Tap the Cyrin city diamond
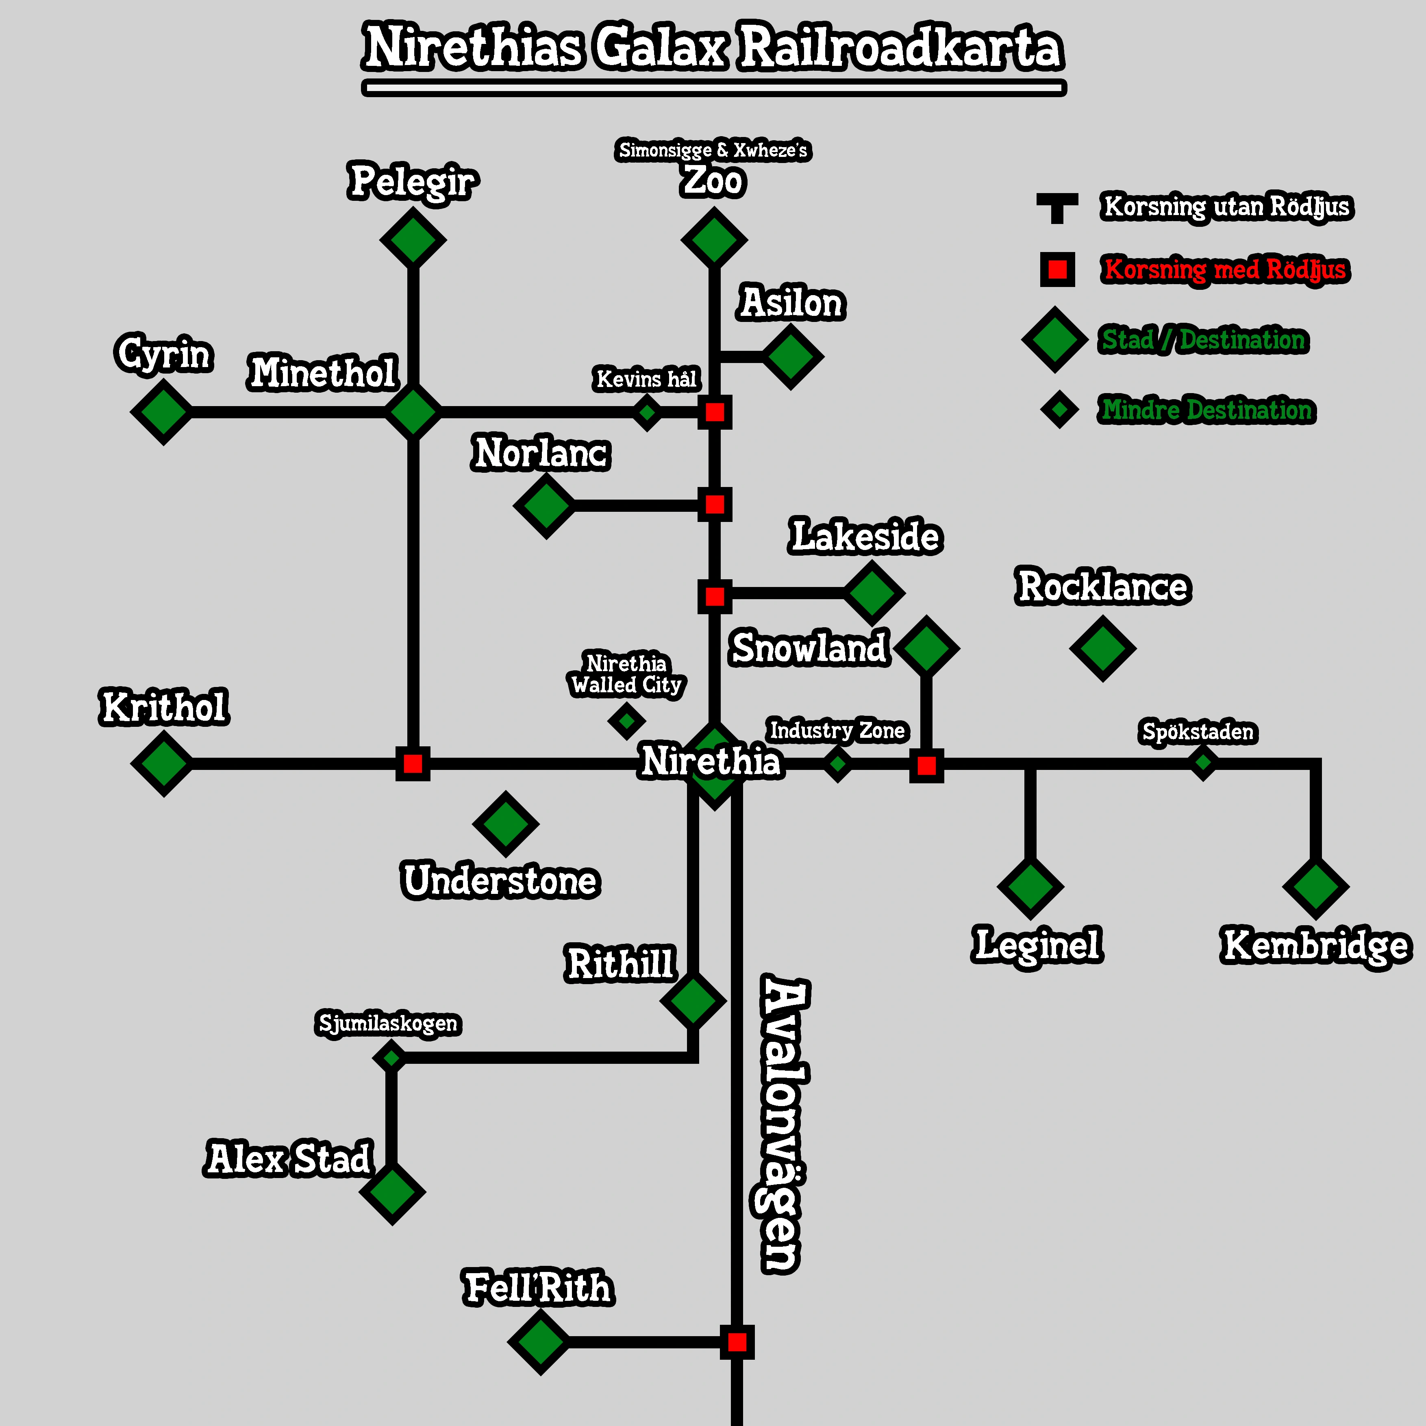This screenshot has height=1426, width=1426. click(162, 412)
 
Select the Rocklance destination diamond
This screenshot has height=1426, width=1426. click(1102, 648)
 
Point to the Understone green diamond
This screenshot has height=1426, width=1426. click(506, 824)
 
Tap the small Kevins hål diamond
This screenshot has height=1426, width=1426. click(647, 412)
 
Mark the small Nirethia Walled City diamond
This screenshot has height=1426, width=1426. click(627, 720)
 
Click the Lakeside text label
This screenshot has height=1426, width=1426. click(866, 537)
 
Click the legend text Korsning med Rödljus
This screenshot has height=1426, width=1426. click(1225, 270)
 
